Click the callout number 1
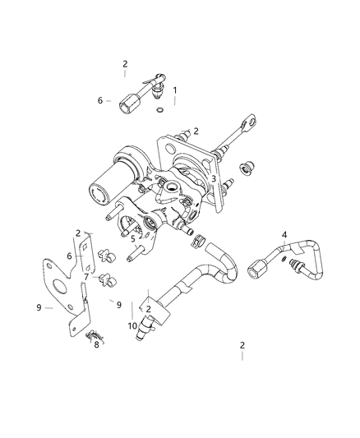click(x=174, y=90)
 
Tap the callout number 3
click(x=213, y=178)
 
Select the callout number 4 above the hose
click(x=284, y=236)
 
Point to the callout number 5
click(x=132, y=239)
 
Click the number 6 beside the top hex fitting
click(x=99, y=100)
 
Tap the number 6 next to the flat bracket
click(x=70, y=256)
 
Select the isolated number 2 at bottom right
click(x=242, y=346)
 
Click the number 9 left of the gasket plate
click(x=38, y=308)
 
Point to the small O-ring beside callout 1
click(x=158, y=107)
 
